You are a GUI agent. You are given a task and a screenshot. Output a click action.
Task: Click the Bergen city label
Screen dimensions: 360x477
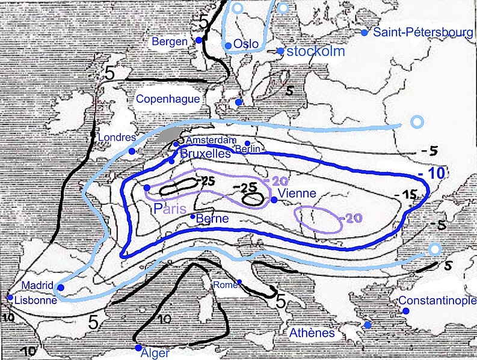(170, 42)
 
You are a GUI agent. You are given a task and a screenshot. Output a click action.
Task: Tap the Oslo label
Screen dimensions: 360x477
(245, 44)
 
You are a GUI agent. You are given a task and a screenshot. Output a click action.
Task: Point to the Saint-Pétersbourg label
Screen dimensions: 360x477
(422, 32)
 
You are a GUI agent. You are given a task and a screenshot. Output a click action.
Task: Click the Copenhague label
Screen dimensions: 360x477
(168, 99)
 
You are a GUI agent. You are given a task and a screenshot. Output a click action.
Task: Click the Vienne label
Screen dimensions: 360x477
(298, 194)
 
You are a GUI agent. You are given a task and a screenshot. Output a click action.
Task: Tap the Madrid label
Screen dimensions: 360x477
(38, 285)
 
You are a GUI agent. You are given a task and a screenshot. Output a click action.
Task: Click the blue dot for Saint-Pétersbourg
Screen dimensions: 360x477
(364, 32)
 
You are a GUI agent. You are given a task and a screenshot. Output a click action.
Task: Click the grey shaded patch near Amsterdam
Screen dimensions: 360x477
(167, 135)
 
